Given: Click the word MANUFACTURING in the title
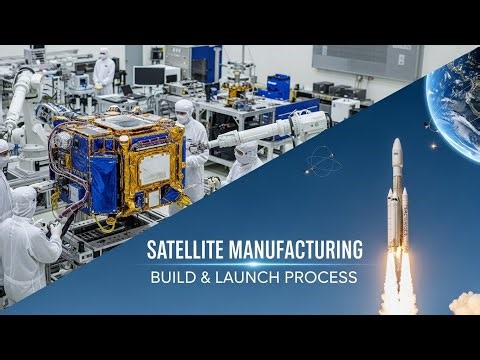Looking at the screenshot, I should click(295, 250).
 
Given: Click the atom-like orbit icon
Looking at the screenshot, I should click(322, 160).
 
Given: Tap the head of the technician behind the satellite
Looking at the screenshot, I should click(184, 110).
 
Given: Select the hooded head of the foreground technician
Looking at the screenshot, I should click(25, 201).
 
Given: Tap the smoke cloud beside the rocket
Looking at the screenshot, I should click(465, 302).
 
